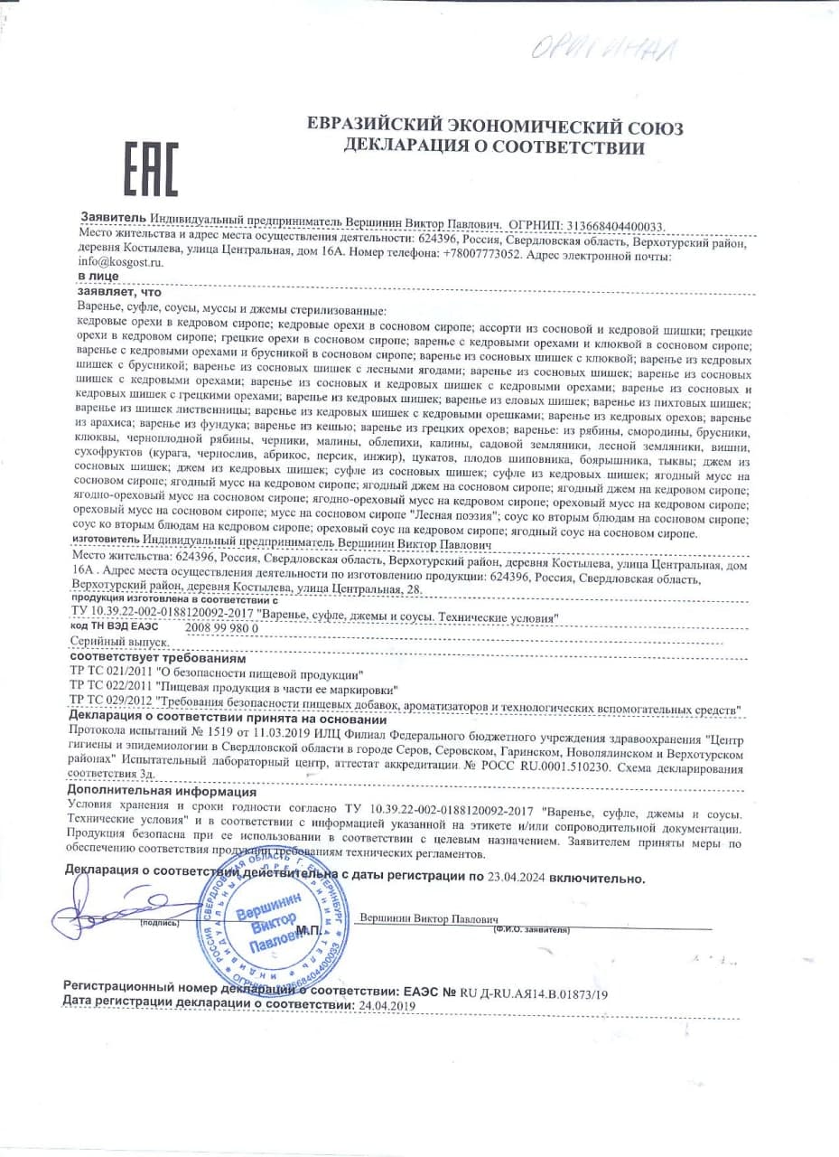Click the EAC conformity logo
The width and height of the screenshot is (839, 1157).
tap(151, 170)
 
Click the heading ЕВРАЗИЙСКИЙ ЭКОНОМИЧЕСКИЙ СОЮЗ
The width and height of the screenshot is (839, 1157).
tap(495, 127)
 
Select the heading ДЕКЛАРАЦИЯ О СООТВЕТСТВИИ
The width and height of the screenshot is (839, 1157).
tap(494, 147)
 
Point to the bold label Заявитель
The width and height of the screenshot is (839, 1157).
tap(112, 219)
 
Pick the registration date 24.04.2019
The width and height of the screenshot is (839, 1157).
tap(387, 1004)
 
